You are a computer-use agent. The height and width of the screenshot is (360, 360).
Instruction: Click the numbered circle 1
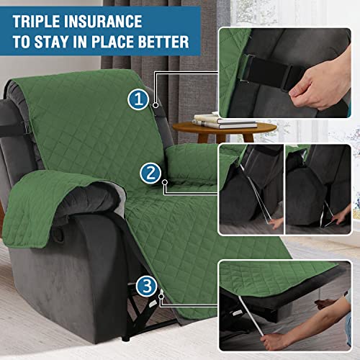(138, 99)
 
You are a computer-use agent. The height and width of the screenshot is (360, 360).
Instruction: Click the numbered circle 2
(149, 172)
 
